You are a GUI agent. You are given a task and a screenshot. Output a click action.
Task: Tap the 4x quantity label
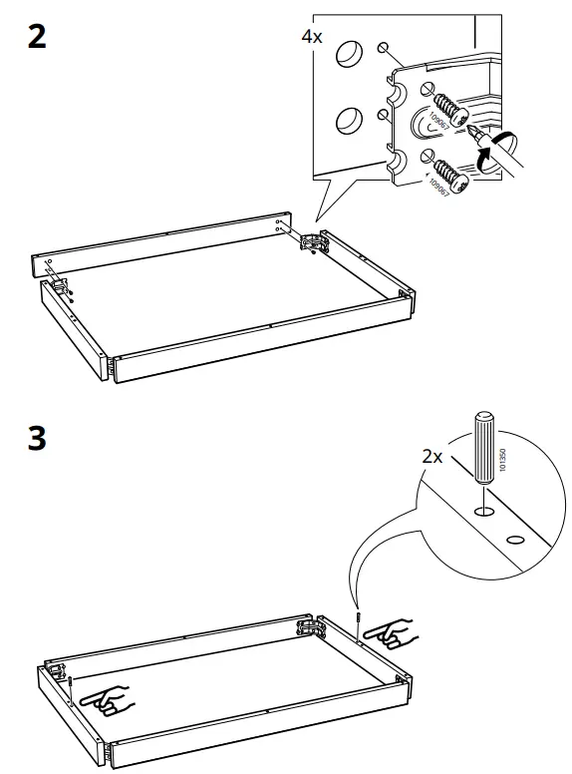pos(312,37)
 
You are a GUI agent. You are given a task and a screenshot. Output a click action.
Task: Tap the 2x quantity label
pos(431,457)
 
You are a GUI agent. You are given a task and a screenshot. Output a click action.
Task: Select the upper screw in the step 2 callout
pos(447,111)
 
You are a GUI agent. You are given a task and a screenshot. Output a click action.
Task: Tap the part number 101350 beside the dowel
pos(502,445)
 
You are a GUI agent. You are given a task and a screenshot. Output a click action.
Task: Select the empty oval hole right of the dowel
pos(515,540)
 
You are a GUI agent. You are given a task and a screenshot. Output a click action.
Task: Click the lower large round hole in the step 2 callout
pos(349,121)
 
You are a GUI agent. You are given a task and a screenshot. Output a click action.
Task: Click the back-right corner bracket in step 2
pos(311,242)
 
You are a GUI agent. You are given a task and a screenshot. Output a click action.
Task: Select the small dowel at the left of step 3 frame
pos(73,681)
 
